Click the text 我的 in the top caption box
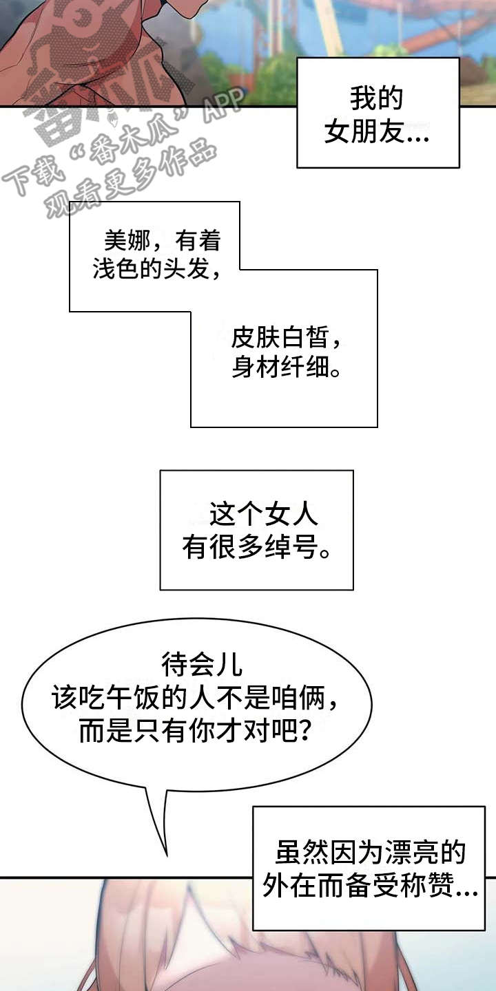point(376,99)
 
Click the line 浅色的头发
point(157,269)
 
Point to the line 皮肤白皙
point(285,339)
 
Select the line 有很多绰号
point(256,548)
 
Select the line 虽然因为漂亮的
point(371,853)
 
